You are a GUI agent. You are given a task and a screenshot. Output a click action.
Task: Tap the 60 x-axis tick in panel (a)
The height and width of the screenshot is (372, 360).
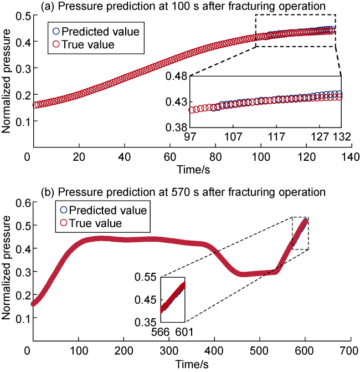click(167, 157)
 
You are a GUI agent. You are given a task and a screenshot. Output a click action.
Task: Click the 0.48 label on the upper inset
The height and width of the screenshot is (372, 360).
click(177, 76)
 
